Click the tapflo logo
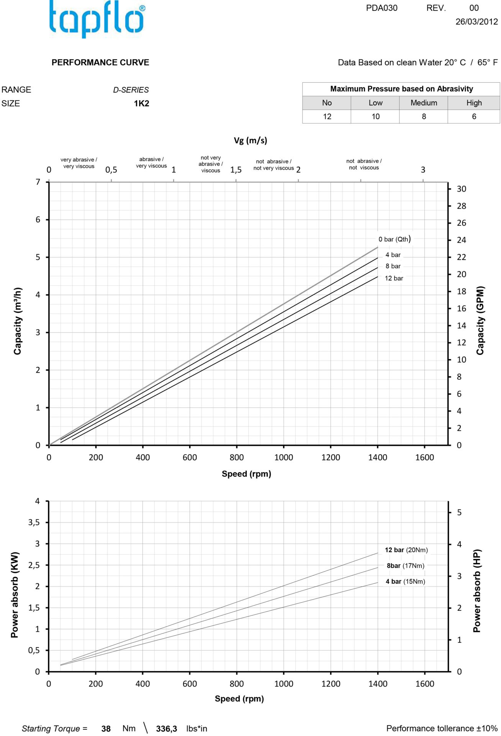click(x=97, y=19)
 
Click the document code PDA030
click(x=381, y=8)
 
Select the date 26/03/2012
click(x=476, y=21)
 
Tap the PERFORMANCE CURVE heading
click(x=100, y=62)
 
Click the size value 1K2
click(x=141, y=103)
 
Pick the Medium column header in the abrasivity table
click(x=424, y=103)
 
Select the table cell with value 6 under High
click(x=474, y=117)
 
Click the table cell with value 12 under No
click(x=327, y=117)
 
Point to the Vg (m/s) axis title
click(x=250, y=140)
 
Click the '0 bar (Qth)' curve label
click(x=395, y=239)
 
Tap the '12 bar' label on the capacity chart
click(x=394, y=278)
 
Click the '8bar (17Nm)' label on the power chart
click(x=405, y=566)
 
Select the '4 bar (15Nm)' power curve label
click(x=405, y=582)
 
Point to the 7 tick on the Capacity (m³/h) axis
click(x=38, y=182)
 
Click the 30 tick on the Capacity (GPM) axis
click(x=461, y=189)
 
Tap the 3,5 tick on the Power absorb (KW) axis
click(x=34, y=522)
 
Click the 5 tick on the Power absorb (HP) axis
click(x=459, y=513)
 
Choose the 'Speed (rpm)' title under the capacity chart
click(x=246, y=474)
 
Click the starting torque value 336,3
click(x=166, y=729)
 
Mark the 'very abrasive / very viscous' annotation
click(x=79, y=163)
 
